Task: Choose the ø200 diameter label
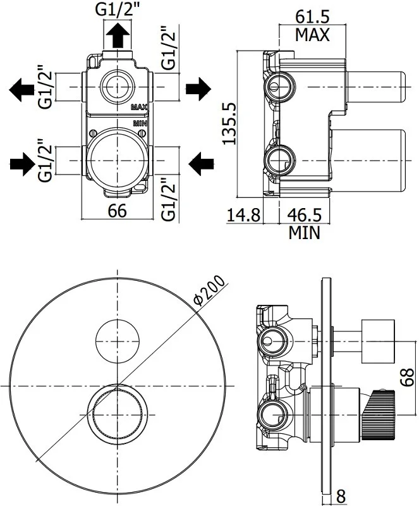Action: (x=207, y=291)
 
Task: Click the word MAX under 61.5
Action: (x=312, y=35)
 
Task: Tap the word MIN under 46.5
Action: (x=305, y=233)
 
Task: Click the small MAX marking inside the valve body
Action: (x=139, y=108)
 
